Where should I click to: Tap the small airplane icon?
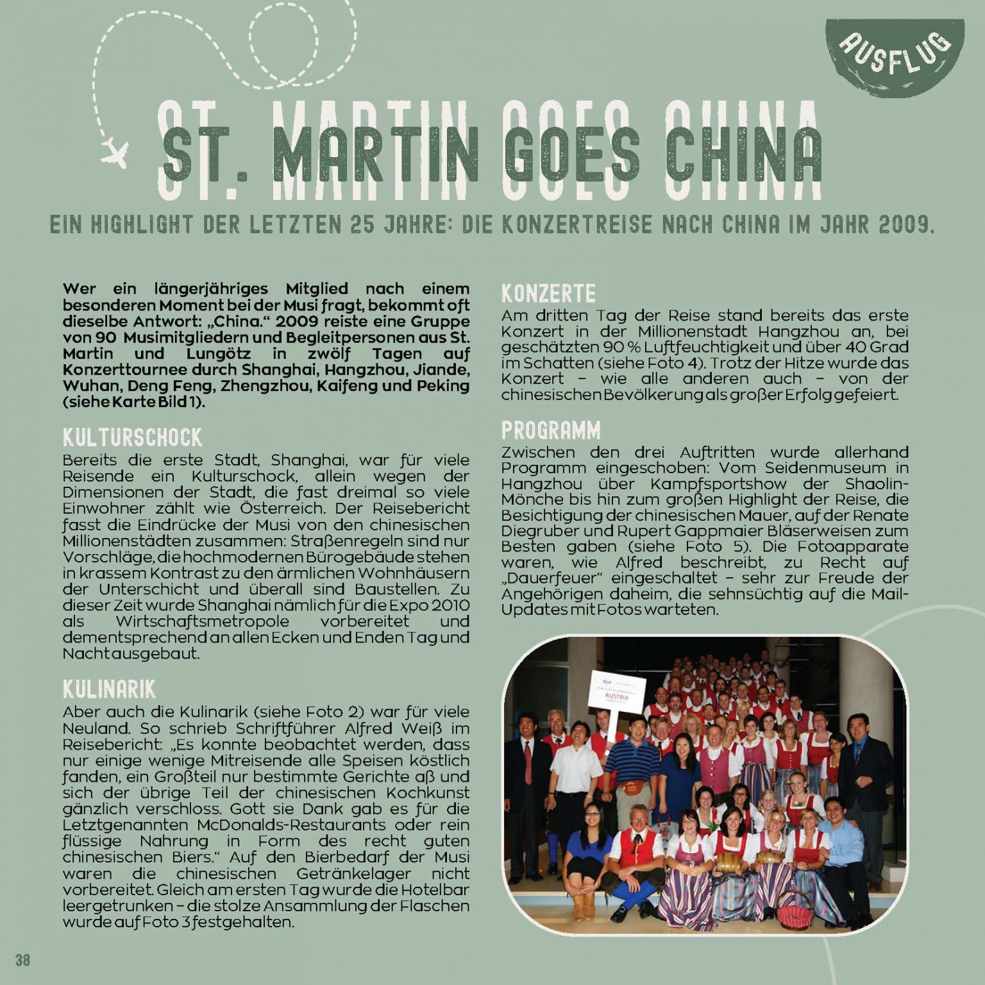tap(115, 152)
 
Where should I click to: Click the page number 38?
tap(22, 960)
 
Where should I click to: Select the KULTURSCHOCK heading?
tap(132, 437)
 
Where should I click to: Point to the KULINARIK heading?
tap(109, 689)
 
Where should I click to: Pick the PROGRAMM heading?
tap(551, 430)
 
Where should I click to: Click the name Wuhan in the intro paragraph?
tap(86, 386)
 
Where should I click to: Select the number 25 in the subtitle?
tap(364, 224)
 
